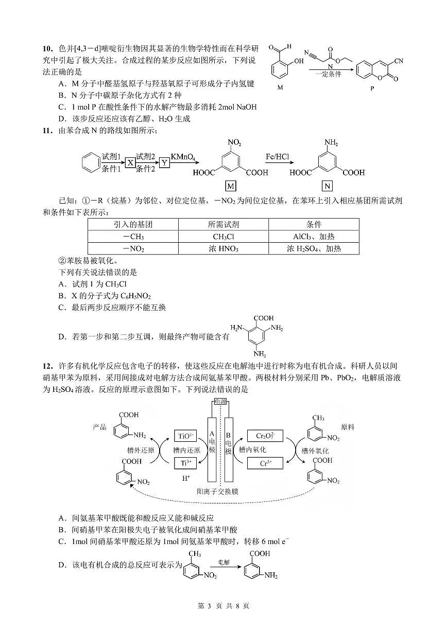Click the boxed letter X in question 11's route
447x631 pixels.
coord(130,163)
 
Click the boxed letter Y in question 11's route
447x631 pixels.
coord(164,163)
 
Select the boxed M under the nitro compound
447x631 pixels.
coord(231,186)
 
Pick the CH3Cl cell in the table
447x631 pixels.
coord(223,237)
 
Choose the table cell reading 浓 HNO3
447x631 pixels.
coord(223,248)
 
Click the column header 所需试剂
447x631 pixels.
coord(223,225)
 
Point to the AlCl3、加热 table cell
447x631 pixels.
coord(314,237)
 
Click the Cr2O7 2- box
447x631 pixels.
coord(265,436)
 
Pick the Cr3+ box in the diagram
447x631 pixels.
coord(265,463)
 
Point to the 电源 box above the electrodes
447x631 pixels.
coord(220,401)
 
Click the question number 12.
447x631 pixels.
coord(47,366)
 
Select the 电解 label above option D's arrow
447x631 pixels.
coord(225,562)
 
